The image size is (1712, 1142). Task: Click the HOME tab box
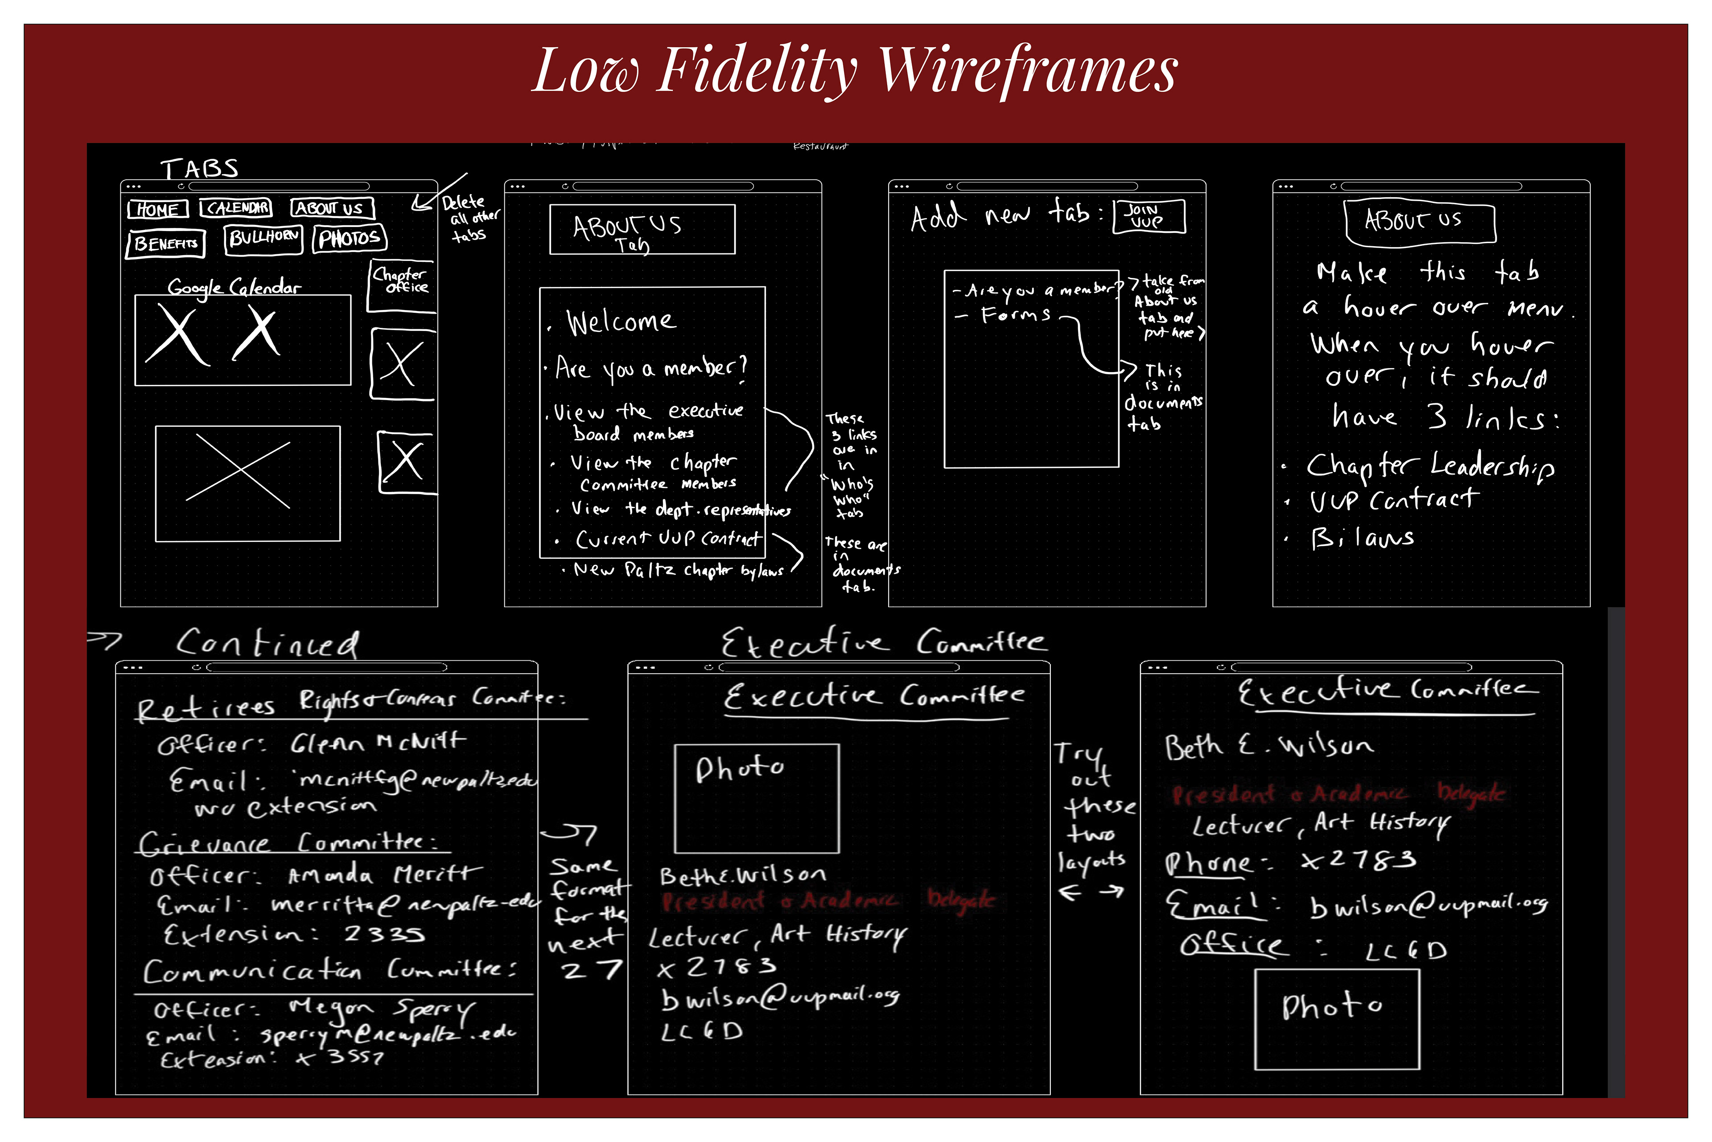(157, 210)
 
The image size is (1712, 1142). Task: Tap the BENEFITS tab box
(166, 243)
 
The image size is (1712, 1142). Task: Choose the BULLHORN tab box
(264, 238)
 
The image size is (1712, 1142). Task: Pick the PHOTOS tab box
(350, 238)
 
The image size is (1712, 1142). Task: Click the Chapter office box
(401, 284)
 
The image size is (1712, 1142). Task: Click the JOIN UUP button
(1148, 216)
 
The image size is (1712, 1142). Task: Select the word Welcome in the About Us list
(621, 321)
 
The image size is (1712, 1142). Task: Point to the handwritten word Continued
(267, 644)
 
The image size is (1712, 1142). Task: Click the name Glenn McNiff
(377, 742)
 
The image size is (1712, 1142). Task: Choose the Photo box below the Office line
(1337, 1019)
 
